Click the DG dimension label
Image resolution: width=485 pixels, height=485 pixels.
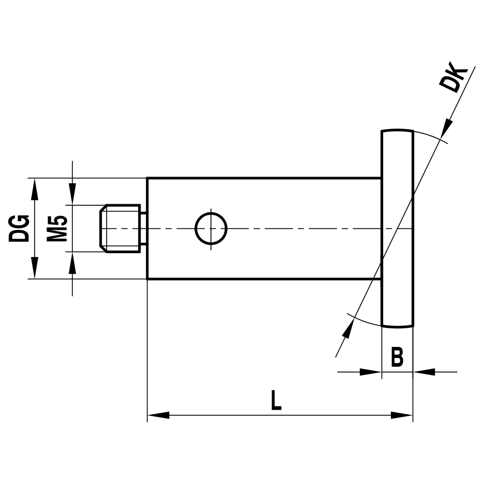(x=20, y=228)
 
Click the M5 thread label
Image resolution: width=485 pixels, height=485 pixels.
(x=57, y=228)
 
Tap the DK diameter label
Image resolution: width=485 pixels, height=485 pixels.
(x=453, y=78)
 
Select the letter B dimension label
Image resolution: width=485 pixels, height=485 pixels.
(x=397, y=358)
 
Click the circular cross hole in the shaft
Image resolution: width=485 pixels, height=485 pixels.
(x=211, y=228)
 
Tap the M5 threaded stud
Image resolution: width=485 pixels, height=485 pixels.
(x=121, y=228)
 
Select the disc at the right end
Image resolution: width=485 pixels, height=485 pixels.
(x=397, y=228)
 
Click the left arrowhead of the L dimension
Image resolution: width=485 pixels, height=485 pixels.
(x=158, y=415)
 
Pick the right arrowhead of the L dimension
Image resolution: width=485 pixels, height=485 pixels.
(x=402, y=415)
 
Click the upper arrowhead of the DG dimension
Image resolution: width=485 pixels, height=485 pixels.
(x=34, y=189)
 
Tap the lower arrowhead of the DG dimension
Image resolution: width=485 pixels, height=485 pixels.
(x=34, y=268)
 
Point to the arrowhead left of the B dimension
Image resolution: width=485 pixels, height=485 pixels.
(x=371, y=372)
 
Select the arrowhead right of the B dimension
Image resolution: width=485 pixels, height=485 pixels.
(x=424, y=372)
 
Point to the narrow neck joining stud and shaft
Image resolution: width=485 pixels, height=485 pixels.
(x=144, y=228)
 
